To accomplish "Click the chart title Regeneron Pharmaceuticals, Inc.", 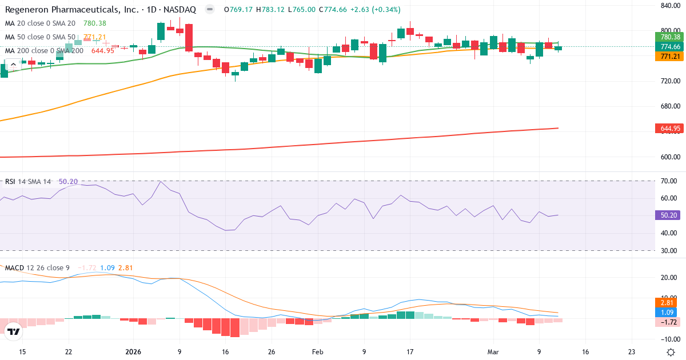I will [63, 10].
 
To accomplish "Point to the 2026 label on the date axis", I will [133, 351].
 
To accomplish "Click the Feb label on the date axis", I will [318, 351].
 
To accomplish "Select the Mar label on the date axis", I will [494, 351].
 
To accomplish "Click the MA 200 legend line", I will [44, 50].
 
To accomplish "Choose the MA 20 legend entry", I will [40, 23].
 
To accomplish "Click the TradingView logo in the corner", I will [14, 331].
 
